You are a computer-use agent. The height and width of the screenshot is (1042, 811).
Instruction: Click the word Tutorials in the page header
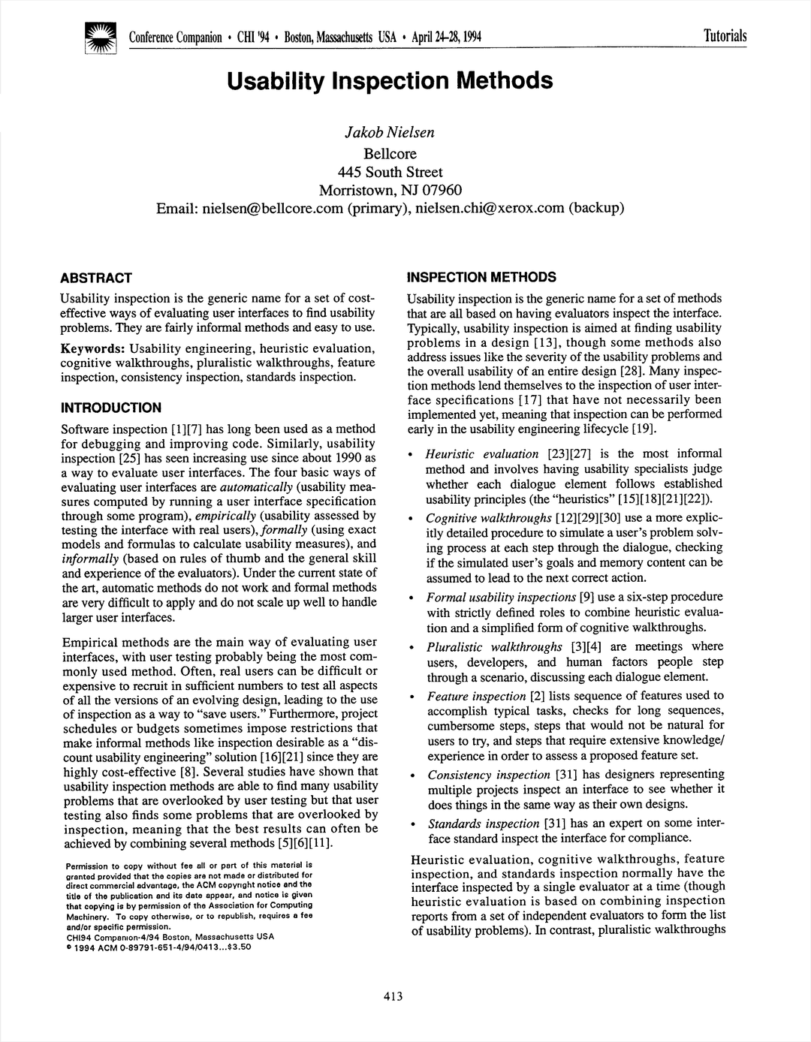click(x=725, y=36)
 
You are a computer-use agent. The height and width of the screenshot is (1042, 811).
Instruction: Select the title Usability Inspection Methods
click(x=390, y=80)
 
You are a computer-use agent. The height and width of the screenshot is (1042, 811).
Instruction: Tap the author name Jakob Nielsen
click(x=389, y=133)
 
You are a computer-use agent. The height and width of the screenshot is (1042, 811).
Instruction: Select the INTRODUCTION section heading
click(x=110, y=408)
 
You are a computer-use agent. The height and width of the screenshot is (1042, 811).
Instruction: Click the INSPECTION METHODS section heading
click(x=481, y=277)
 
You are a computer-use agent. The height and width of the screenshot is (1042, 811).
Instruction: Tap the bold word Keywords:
click(x=92, y=348)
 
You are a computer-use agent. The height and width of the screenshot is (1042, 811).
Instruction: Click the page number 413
click(x=393, y=996)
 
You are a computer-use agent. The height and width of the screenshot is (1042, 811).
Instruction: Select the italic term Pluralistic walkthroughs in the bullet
click(x=494, y=647)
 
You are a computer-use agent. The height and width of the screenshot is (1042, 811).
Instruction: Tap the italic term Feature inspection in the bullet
click(x=476, y=696)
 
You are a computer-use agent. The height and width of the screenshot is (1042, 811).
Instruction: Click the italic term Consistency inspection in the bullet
click(x=489, y=775)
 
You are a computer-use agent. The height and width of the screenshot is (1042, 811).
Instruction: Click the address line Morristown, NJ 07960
click(x=390, y=190)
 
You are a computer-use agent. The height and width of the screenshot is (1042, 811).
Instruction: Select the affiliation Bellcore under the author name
click(x=390, y=153)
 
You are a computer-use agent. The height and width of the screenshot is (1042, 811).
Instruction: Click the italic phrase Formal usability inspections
click(x=501, y=598)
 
